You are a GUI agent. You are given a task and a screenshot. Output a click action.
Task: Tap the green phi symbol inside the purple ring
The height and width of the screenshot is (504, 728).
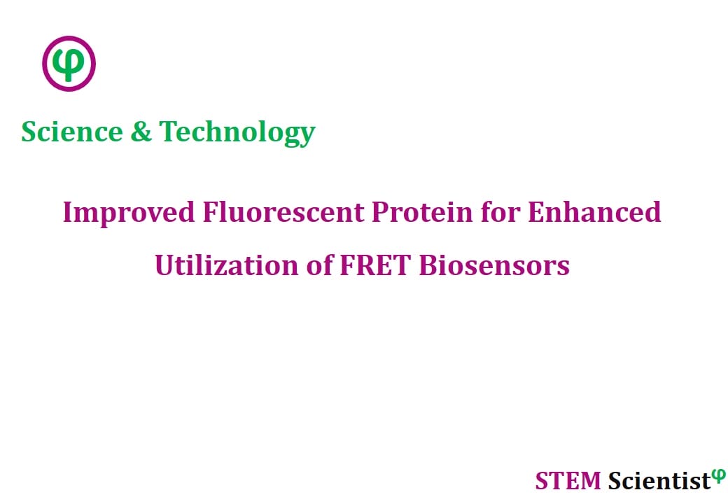click(x=69, y=64)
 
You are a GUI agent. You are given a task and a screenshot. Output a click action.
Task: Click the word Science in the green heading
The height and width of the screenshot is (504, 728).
click(x=72, y=132)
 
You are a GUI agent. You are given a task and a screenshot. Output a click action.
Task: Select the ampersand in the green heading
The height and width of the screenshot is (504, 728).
click(x=141, y=132)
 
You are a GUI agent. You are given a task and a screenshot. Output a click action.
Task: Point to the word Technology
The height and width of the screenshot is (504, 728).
click(x=237, y=133)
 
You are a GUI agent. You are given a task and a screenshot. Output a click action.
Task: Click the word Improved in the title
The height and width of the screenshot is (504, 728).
click(x=129, y=213)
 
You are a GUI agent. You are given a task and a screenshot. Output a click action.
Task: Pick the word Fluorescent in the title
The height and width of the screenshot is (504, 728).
click(x=283, y=212)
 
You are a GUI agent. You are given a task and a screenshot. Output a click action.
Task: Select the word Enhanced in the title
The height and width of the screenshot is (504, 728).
click(x=594, y=212)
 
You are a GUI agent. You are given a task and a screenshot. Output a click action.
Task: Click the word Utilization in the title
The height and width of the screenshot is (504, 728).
click(x=227, y=265)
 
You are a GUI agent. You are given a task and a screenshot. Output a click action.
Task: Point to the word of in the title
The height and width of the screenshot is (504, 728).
click(x=319, y=265)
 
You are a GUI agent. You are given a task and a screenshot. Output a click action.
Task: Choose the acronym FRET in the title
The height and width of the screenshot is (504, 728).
click(x=375, y=265)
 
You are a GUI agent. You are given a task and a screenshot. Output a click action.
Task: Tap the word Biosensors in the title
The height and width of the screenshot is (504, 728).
click(x=494, y=265)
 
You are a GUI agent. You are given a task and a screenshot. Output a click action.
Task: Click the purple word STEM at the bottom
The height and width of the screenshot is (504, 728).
click(x=568, y=481)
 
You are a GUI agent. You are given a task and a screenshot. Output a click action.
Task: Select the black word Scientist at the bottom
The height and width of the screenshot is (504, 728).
click(x=659, y=481)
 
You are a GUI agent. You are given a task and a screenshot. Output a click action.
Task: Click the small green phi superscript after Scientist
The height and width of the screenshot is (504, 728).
click(x=719, y=476)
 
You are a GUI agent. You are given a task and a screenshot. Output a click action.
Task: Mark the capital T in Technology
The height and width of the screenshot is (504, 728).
click(x=169, y=132)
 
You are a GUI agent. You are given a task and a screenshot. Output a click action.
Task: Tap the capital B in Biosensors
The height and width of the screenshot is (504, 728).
click(x=428, y=265)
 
